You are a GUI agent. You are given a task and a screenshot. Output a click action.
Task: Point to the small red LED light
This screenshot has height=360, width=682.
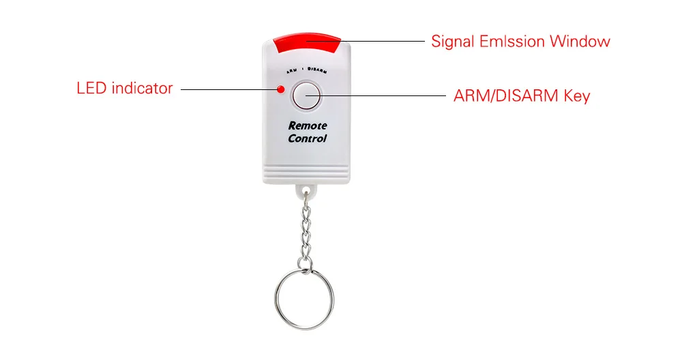click(280, 88)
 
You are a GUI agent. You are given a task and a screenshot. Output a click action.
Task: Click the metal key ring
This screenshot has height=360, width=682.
click(305, 299)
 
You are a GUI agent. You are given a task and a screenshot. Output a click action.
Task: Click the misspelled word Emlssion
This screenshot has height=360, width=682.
click(512, 42)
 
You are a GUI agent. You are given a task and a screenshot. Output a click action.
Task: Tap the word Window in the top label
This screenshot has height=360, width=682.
click(580, 42)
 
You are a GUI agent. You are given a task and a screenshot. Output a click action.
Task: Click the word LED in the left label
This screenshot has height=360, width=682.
click(89, 88)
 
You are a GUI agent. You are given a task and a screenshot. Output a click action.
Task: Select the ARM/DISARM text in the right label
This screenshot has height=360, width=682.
click(507, 96)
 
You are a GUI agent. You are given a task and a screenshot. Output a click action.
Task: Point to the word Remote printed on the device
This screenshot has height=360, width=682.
click(308, 125)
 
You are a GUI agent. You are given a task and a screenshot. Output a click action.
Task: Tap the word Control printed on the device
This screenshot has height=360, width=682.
click(308, 138)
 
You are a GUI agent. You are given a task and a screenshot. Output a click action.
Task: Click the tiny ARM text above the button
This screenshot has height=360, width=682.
click(292, 70)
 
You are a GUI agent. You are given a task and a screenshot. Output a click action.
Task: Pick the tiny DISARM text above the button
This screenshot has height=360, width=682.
click(318, 70)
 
